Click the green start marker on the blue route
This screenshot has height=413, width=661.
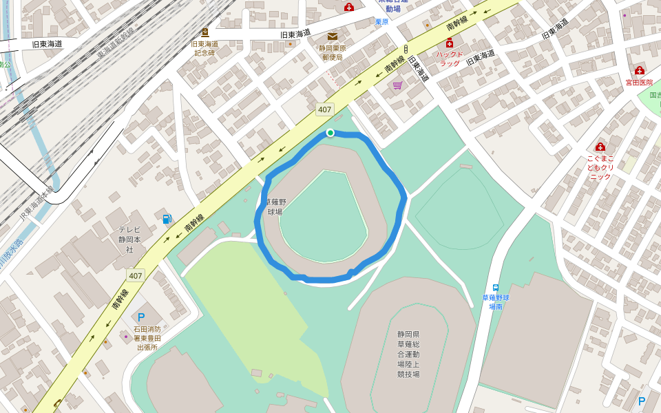point(330,133)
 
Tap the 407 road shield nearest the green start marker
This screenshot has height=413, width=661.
point(324,109)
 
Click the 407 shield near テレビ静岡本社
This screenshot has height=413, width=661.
point(135,276)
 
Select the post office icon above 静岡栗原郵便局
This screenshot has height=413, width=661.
point(333,36)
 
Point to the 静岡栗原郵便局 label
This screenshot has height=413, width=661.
point(333,53)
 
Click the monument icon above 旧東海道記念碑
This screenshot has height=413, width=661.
point(204,32)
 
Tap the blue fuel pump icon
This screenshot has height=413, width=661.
point(167,219)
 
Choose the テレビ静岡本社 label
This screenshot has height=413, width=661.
point(129,240)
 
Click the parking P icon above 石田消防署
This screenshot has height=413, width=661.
point(141,317)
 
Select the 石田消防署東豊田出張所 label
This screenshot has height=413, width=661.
point(147,338)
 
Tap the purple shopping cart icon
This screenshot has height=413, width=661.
point(397,85)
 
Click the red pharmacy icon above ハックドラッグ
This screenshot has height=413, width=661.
point(450,44)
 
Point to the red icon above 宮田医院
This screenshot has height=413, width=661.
point(639,70)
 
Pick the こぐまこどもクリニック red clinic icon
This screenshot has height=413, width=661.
point(600,147)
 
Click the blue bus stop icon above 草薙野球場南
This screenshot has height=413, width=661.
point(495,288)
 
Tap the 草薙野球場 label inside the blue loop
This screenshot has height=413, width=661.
point(275,206)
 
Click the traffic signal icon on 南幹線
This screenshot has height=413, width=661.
point(406,49)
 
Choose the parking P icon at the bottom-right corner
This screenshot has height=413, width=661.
point(642,401)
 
